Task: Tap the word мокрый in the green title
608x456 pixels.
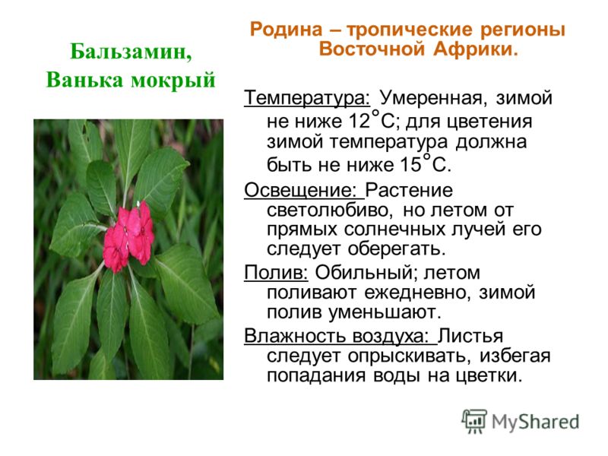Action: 173,81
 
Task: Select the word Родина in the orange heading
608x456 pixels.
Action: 287,30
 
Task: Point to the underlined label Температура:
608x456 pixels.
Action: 307,98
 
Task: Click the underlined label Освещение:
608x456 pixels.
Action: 300,191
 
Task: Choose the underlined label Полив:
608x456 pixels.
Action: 276,273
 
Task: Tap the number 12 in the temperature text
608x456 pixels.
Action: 359,121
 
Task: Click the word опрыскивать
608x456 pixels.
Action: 409,356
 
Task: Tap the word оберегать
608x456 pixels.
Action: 396,249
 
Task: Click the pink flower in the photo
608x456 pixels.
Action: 128,236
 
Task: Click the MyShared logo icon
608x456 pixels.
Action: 473,421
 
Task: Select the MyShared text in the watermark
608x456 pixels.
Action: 536,423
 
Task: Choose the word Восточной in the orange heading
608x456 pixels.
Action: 372,49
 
